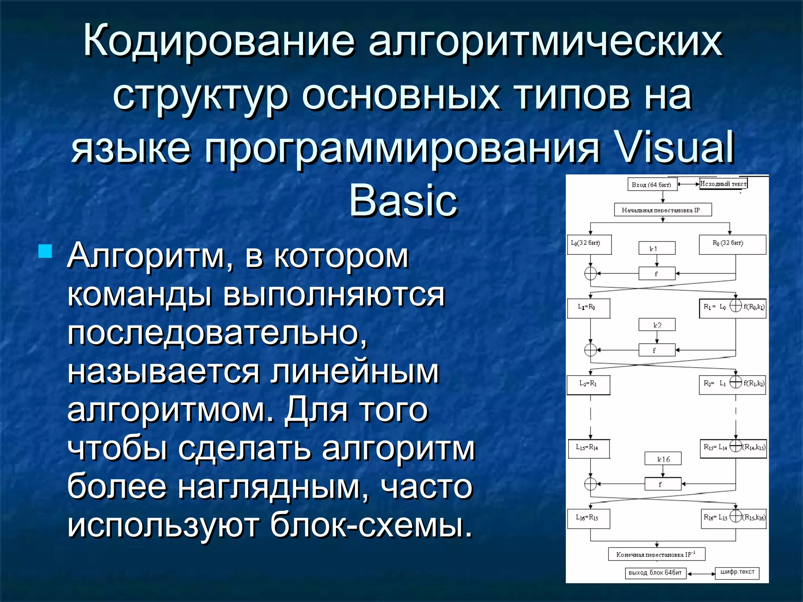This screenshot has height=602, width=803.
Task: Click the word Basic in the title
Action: pyautogui.click(x=403, y=201)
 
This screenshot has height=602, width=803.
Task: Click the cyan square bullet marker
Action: pyautogui.click(x=45, y=251)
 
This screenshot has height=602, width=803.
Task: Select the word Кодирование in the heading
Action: pyautogui.click(x=219, y=40)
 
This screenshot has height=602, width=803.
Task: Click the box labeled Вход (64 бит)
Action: pyautogui.click(x=652, y=185)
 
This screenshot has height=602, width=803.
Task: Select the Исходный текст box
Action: pyautogui.click(x=723, y=183)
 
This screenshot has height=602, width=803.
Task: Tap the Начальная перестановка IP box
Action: pyautogui.click(x=663, y=210)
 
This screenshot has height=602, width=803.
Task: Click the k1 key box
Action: pyautogui.click(x=657, y=248)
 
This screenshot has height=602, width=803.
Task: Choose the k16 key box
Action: pyautogui.click(x=663, y=459)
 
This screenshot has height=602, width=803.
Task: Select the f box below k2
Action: pyautogui.click(x=657, y=350)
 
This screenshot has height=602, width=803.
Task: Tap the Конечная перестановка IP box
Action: pyautogui.click(x=657, y=554)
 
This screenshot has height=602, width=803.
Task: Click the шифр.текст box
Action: pyautogui.click(x=737, y=573)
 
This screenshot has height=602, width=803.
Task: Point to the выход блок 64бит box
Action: pyautogui.click(x=655, y=573)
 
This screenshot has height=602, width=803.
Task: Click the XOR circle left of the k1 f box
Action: pyautogui.click(x=590, y=273)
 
